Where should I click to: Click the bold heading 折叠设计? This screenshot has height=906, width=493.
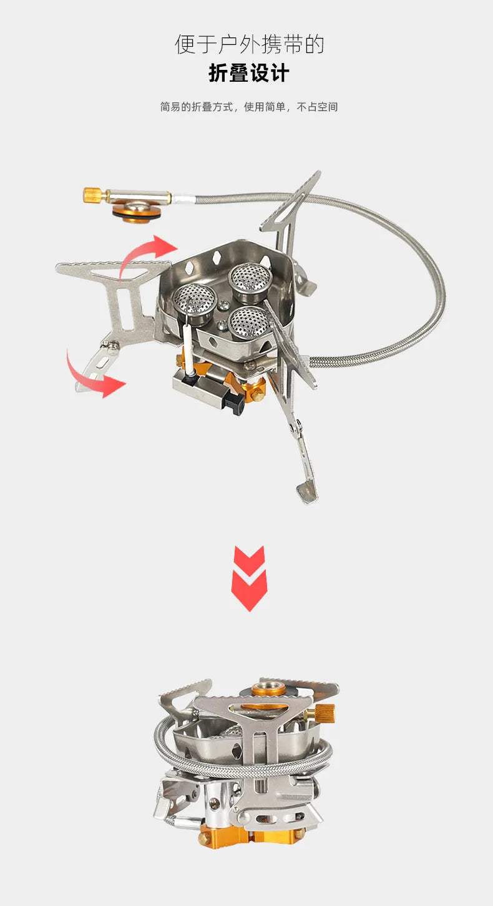click(248, 74)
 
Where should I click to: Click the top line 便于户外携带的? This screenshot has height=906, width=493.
click(248, 45)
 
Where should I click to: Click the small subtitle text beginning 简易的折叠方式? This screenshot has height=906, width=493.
click(248, 107)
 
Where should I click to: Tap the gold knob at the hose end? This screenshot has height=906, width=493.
click(91, 195)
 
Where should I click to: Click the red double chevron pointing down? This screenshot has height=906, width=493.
click(249, 578)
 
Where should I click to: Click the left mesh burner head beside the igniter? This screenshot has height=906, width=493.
click(193, 301)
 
